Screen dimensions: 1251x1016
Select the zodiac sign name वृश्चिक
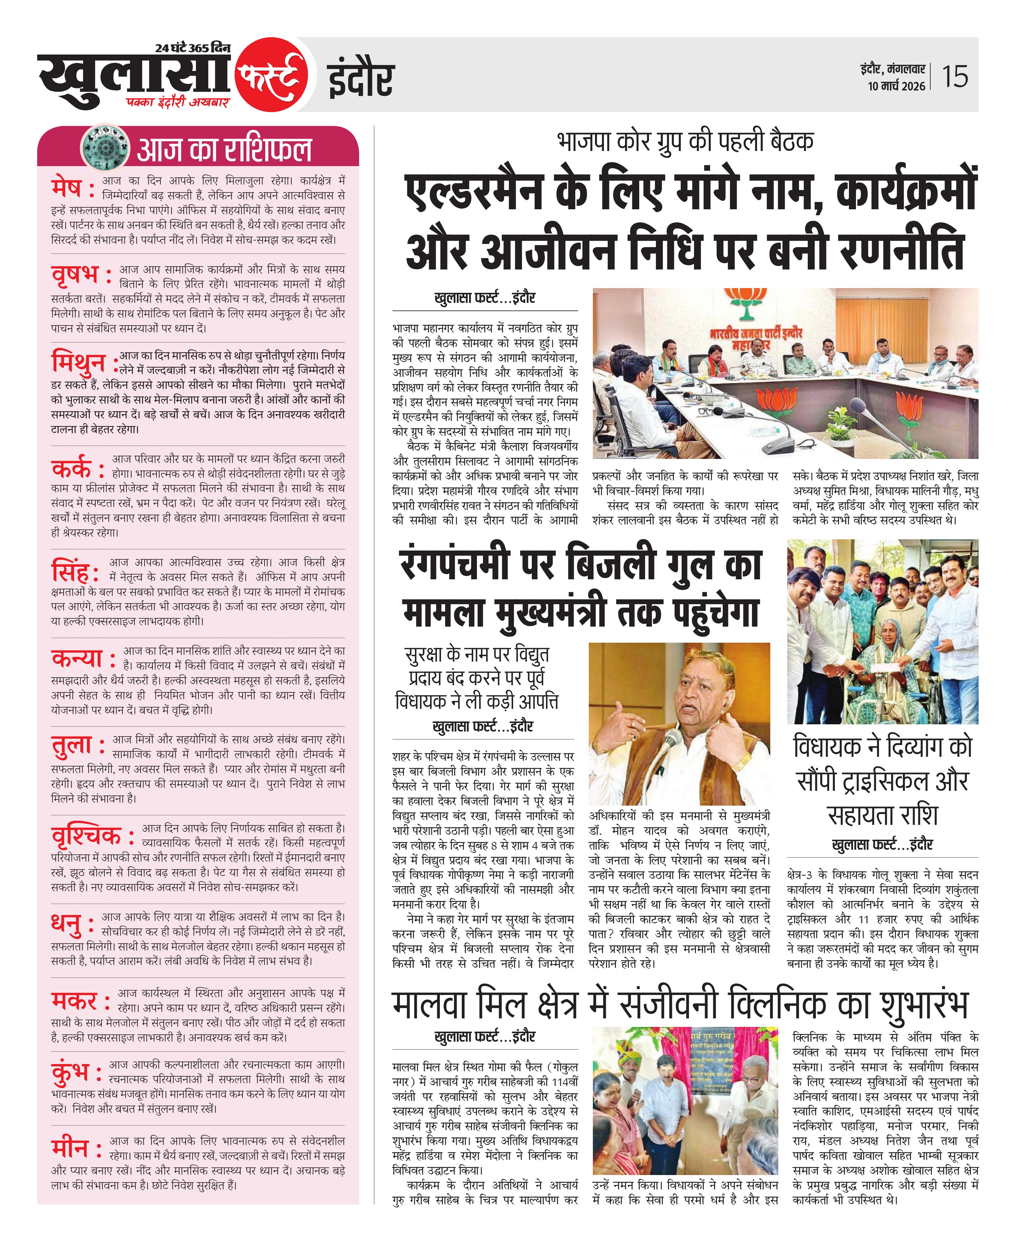(x=86, y=836)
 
